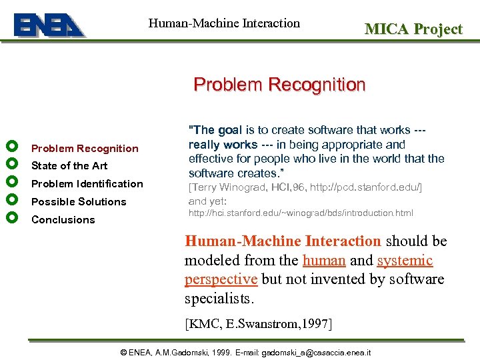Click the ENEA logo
pos(49,25)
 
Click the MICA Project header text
pos(413,29)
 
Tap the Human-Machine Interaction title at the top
pos(224,23)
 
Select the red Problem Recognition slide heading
pos(279,85)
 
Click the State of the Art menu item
pos(69,166)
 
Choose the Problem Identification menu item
pos(87,184)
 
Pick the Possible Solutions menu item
pos(79,202)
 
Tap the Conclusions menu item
pos(63,220)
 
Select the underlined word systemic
pos(405,261)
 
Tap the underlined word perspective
pos(221,279)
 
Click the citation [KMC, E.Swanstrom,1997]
pos(258,324)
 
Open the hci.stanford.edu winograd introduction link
pos(301,213)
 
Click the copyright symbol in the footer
pos(123,352)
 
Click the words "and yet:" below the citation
pos(208,201)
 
